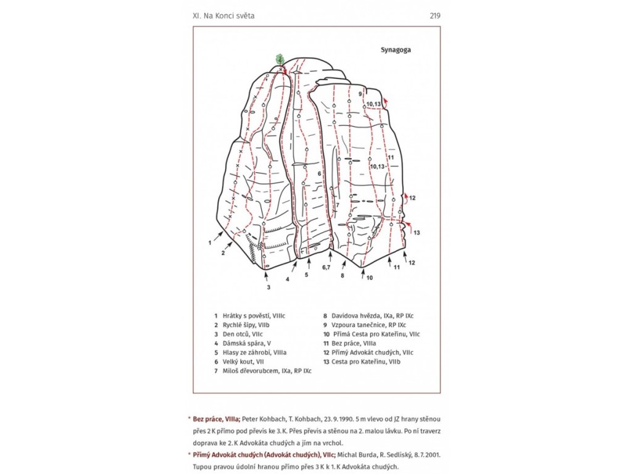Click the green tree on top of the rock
[x=280, y=60]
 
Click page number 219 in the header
[x=435, y=15]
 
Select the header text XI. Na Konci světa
[x=223, y=15]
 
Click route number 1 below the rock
[x=210, y=243]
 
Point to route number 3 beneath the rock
[x=268, y=287]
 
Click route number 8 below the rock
[x=342, y=275]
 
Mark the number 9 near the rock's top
[x=360, y=94]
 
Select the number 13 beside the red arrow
[x=417, y=233]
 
